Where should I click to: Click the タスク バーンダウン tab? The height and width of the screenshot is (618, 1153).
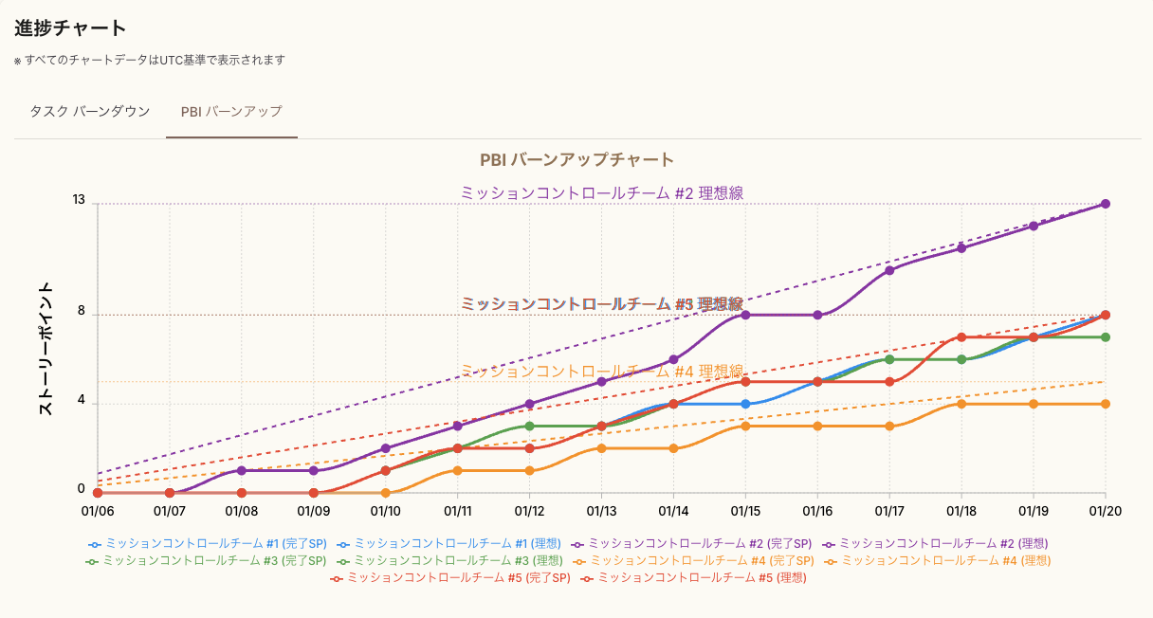coord(89,112)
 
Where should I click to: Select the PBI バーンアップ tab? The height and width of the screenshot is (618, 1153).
coord(231,112)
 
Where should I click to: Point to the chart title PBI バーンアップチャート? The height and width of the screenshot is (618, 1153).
coord(576,160)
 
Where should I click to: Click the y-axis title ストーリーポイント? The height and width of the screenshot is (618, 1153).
coord(45,349)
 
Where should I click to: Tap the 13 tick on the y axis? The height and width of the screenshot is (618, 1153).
coord(79,201)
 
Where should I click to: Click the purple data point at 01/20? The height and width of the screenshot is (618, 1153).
coord(1106,204)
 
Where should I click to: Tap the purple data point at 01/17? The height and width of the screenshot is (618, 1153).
coord(889,270)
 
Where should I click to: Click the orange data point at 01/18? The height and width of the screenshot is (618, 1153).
coord(961,404)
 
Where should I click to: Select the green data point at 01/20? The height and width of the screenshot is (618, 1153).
coord(1106,337)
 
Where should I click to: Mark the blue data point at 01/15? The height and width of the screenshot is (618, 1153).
coord(745,404)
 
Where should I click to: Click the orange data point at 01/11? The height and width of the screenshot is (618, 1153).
coord(458,470)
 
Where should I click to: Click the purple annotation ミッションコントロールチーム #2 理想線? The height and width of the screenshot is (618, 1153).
coord(602,192)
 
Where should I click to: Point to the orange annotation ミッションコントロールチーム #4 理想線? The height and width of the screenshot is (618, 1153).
coord(602,372)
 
